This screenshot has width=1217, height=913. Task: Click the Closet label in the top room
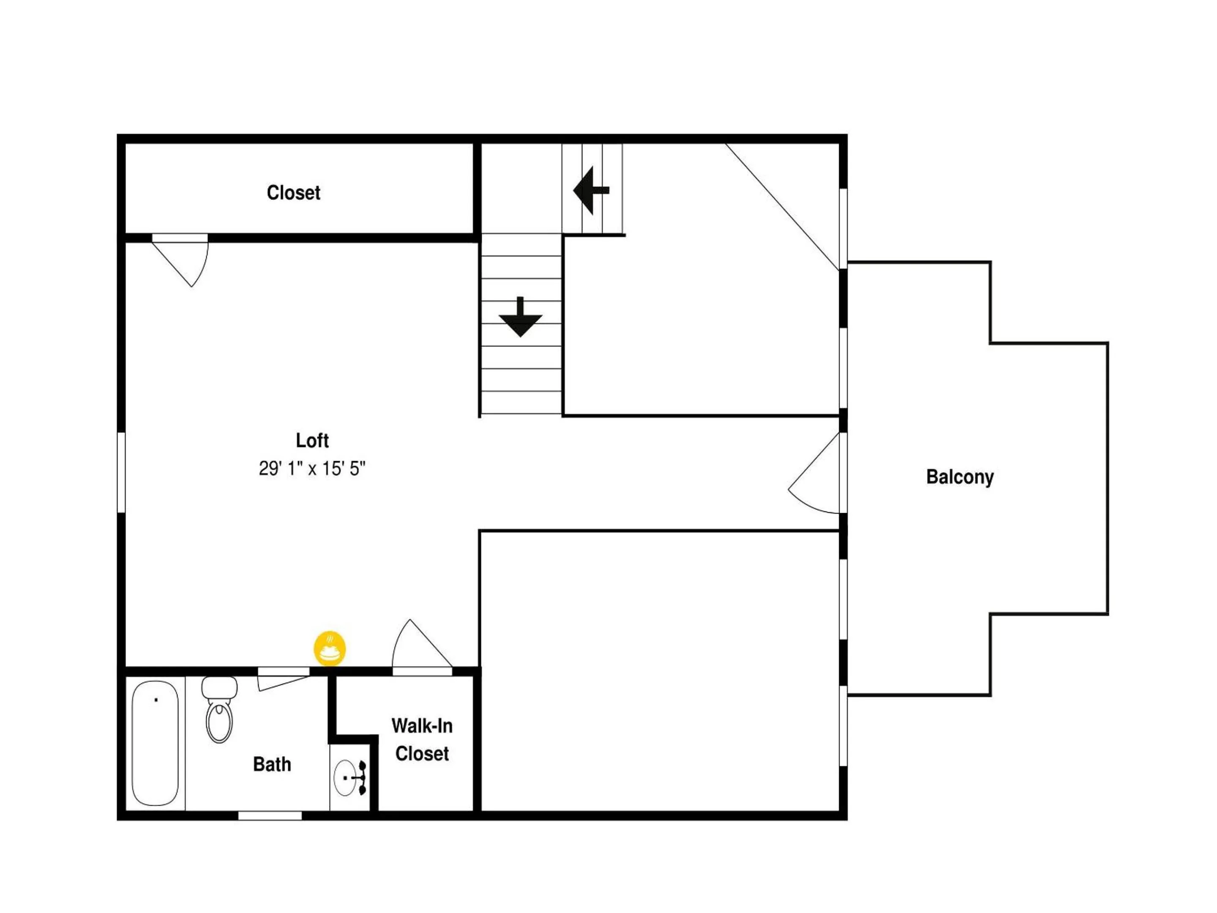pyautogui.click(x=293, y=193)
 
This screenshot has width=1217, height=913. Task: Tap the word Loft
pyautogui.click(x=312, y=440)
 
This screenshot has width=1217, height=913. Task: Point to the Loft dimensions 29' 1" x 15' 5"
pyautogui.click(x=312, y=468)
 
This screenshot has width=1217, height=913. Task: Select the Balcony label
pyautogui.click(x=960, y=477)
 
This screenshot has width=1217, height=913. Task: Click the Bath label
pyautogui.click(x=272, y=764)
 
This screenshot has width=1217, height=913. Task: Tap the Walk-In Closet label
pyautogui.click(x=422, y=739)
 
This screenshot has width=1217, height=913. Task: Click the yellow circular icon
pyautogui.click(x=330, y=648)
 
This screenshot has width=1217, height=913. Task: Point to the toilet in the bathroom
pyautogui.click(x=219, y=710)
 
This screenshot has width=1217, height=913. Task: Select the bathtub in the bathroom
pyautogui.click(x=155, y=743)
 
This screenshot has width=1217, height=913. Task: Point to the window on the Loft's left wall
pyautogui.click(x=122, y=472)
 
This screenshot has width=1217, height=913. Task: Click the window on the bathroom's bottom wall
pyautogui.click(x=270, y=816)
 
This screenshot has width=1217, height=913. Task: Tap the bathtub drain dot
pyautogui.click(x=156, y=700)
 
